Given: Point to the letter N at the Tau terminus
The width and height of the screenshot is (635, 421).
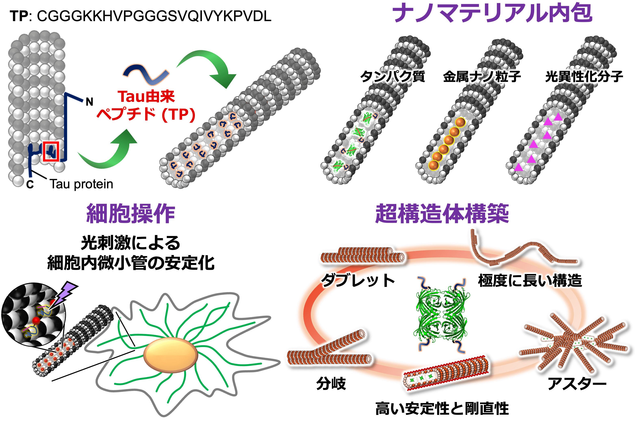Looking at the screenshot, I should (x=89, y=102).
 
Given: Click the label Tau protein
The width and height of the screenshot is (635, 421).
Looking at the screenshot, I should (x=81, y=184).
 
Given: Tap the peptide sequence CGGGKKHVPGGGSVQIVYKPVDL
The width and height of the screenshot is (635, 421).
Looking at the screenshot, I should (x=154, y=16).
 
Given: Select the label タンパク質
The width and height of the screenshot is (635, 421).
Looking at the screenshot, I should (x=392, y=77).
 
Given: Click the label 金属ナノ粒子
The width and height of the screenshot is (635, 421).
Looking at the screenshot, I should (x=482, y=77).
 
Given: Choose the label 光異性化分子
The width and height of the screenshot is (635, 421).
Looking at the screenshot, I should (x=584, y=77).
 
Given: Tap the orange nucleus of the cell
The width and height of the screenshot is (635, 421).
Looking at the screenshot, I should (x=170, y=355).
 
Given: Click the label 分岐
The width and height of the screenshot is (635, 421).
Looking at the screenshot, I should (x=331, y=383).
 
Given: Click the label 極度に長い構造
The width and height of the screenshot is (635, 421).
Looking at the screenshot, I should (x=530, y=281).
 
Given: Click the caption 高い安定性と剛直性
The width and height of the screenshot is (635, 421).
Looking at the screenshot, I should (x=442, y=409).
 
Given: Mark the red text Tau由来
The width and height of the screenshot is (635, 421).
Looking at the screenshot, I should (x=146, y=97).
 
